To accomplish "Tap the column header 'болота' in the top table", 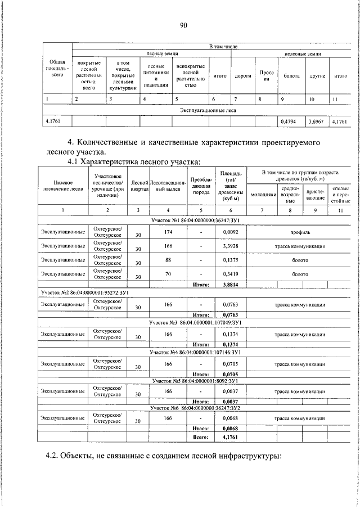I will tap(291, 75).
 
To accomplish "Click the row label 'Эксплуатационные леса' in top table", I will tap(208, 110).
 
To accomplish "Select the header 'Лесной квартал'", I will tap(138, 186).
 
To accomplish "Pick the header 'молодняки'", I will tap(262, 195).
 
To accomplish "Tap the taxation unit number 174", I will tap(168, 232).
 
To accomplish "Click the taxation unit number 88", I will tap(168, 261).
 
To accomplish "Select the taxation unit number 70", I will tap(168, 275).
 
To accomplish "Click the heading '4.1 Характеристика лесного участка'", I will tap(133, 162).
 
